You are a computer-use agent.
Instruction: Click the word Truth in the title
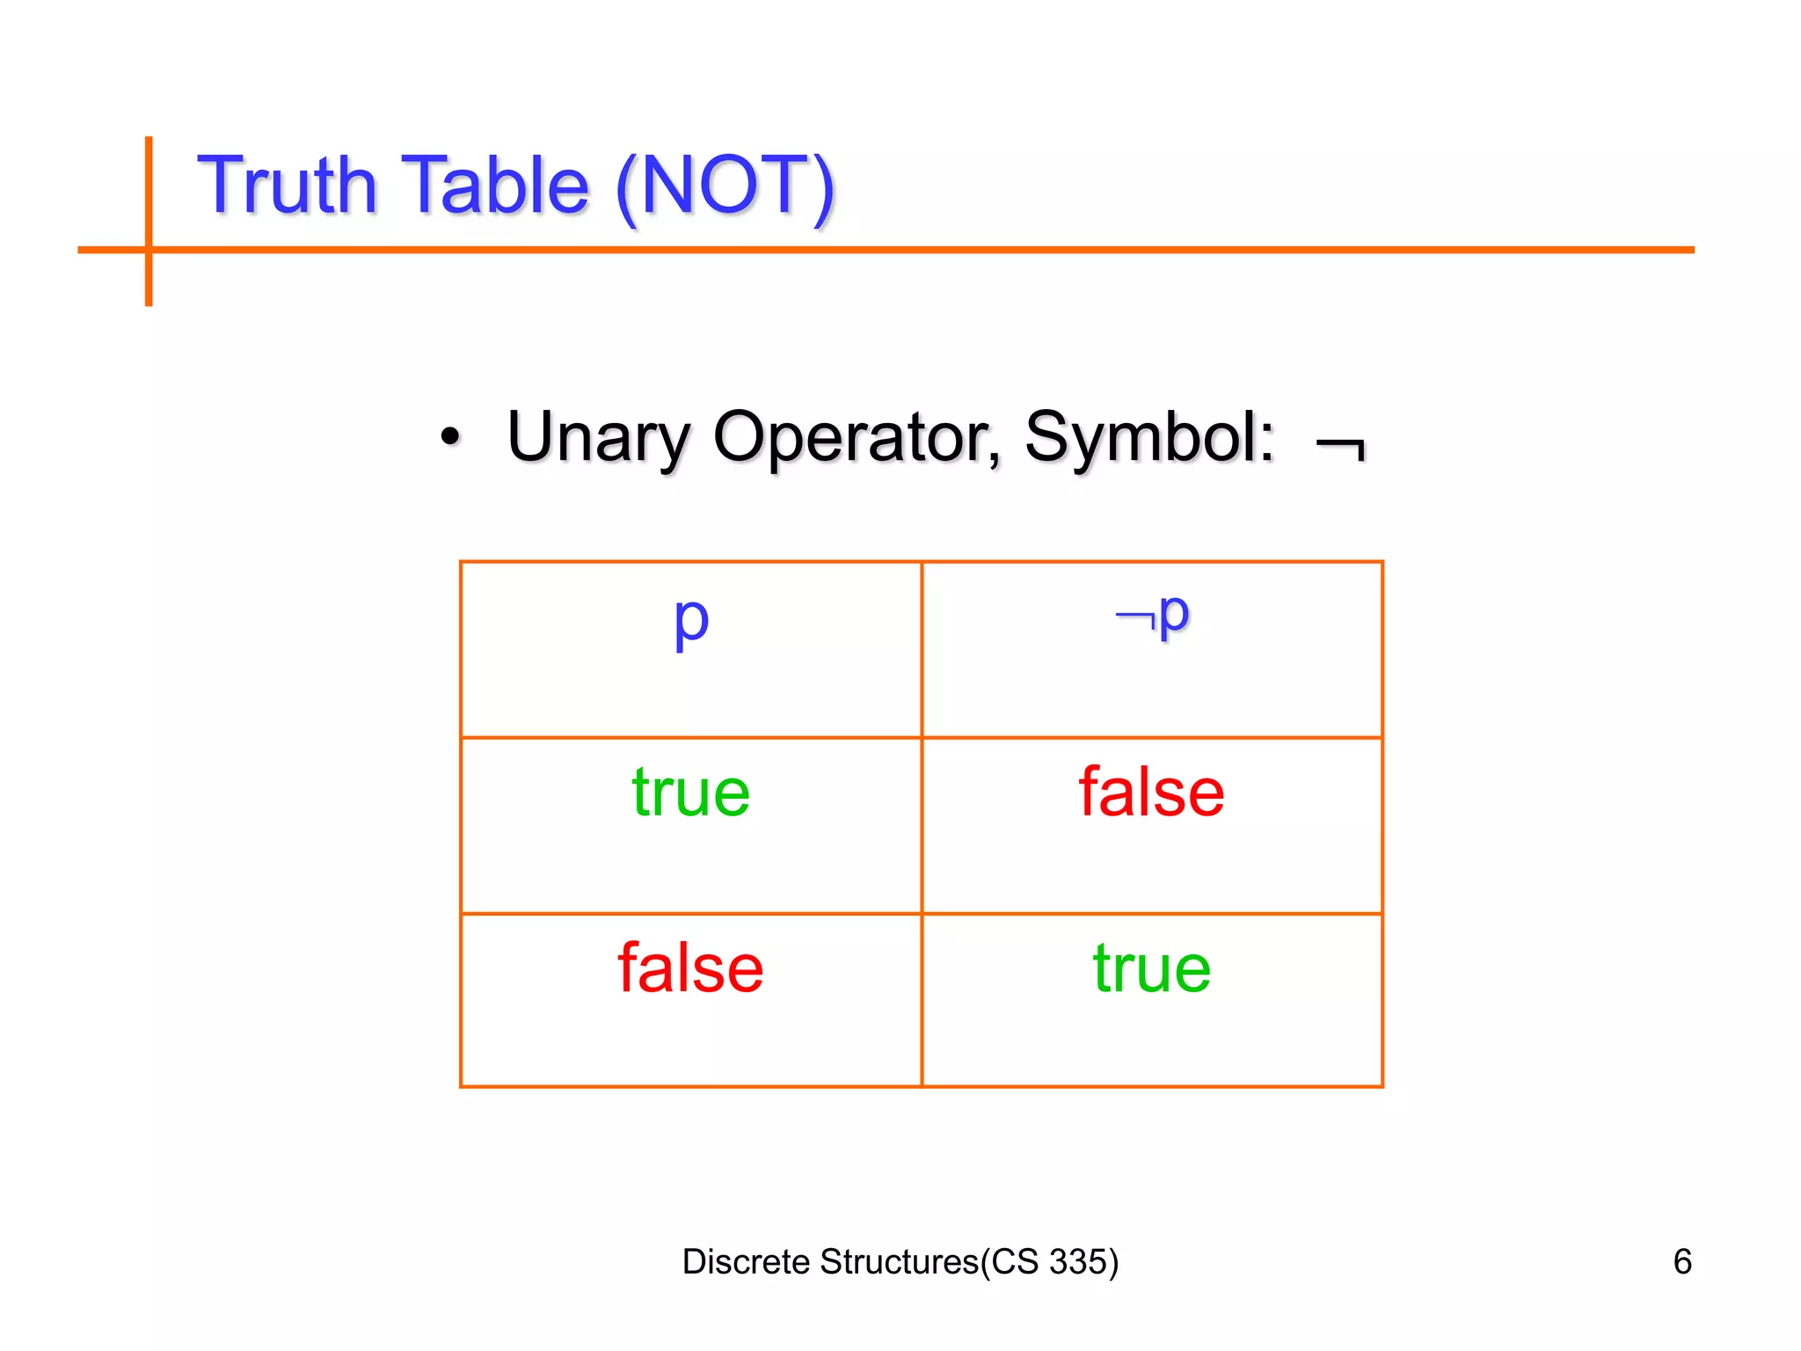[x=287, y=186]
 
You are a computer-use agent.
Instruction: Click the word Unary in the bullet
[x=599, y=437]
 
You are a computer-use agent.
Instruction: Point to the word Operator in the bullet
[x=856, y=437]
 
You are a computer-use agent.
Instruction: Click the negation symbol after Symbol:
[x=1341, y=448]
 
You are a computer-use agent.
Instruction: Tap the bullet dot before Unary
[x=450, y=437]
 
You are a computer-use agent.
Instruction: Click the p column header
[x=691, y=620]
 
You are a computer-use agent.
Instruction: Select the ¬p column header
[x=1152, y=615]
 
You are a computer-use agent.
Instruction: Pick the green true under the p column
[x=691, y=792]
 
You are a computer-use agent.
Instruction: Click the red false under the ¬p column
[x=1152, y=792]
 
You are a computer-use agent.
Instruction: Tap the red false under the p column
[x=691, y=968]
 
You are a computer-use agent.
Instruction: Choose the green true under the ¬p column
[x=1152, y=968]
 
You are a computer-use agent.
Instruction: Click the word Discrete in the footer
[x=746, y=1262]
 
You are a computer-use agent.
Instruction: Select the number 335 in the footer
[x=1076, y=1262]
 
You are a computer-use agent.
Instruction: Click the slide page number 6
[x=1682, y=1262]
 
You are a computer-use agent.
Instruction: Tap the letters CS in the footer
[x=1015, y=1262]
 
